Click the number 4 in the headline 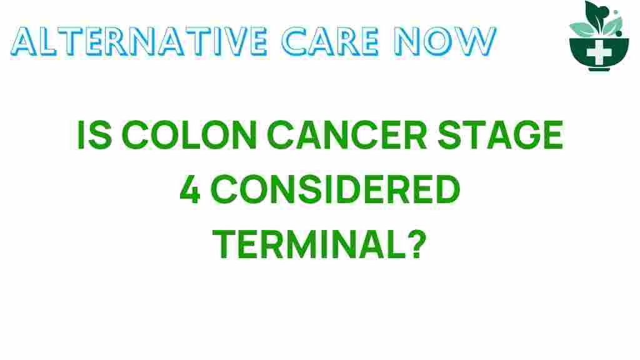click(190, 191)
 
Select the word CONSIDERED click(335, 191)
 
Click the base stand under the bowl click(599, 67)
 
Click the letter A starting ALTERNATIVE click(24, 42)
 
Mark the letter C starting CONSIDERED click(224, 191)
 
